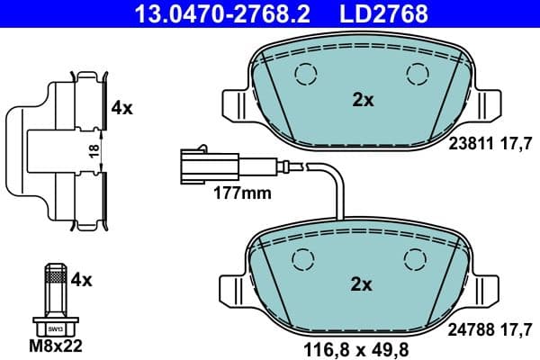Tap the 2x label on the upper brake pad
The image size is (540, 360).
pos(363,101)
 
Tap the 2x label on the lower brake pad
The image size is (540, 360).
pos(361,284)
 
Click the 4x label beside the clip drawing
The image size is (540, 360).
pos(121,108)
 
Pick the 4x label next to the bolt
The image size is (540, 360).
pos(82,280)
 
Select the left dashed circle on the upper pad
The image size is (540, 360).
pos(305,74)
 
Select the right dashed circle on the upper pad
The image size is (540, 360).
pos(417,74)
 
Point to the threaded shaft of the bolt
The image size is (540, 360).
pos(55,289)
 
